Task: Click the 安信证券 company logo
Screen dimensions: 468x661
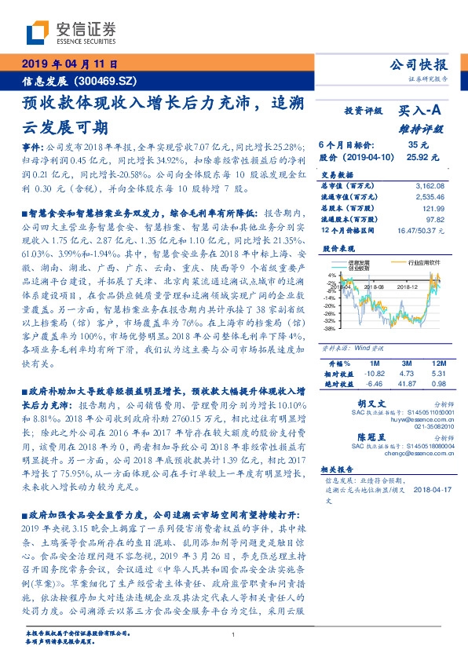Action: (71, 32)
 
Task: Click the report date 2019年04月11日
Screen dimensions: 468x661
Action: (68, 64)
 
